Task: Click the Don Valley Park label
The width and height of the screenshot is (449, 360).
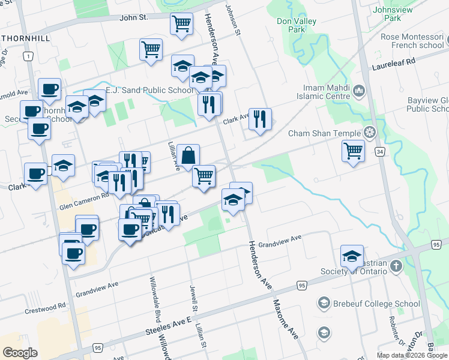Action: click(297, 25)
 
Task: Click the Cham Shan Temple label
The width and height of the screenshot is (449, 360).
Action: click(324, 133)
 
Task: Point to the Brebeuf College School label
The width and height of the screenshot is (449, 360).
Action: click(377, 304)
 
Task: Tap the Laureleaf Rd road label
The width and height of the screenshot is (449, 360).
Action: click(394, 62)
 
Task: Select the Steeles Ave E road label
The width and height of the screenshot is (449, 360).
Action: click(169, 328)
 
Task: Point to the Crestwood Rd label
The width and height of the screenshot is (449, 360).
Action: click(46, 308)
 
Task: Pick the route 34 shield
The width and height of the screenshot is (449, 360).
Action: click(379, 152)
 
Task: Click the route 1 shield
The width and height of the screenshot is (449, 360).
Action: click(28, 56)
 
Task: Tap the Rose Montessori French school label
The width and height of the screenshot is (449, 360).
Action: click(412, 41)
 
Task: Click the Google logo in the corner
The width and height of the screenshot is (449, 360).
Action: click(20, 352)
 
